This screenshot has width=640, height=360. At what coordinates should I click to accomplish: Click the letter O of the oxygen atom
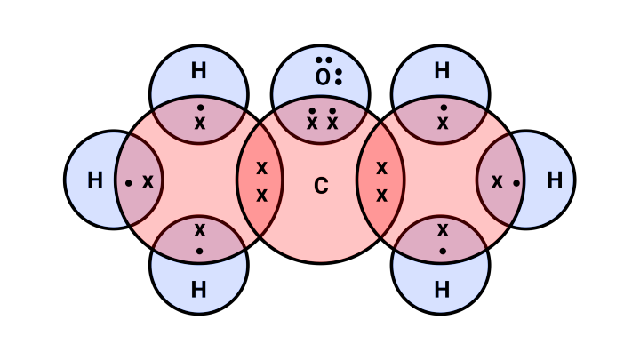[322, 78]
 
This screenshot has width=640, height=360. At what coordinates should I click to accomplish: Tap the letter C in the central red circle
[321, 186]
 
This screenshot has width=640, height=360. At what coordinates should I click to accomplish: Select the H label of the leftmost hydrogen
[95, 180]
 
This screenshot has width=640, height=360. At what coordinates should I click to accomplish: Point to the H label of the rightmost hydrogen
[555, 180]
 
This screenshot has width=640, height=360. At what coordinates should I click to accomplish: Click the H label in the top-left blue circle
[199, 71]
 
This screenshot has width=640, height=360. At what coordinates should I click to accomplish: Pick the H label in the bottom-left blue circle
[199, 290]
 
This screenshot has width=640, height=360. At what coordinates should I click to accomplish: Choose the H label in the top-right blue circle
[442, 71]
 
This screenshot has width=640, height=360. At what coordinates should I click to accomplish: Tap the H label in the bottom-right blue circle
[442, 290]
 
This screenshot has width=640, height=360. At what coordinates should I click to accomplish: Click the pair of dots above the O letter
[324, 60]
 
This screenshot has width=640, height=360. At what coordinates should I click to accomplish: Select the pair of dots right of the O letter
[339, 76]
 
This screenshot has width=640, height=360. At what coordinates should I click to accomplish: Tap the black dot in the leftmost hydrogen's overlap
[129, 183]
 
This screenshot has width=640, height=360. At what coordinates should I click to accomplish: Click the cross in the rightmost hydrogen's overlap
[497, 181]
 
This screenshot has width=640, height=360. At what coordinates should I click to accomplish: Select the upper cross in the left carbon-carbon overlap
[261, 167]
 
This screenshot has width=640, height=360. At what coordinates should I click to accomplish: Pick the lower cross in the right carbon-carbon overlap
[381, 196]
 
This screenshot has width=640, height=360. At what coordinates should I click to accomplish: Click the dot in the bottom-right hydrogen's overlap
[443, 251]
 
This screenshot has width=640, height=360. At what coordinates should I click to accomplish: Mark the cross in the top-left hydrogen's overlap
[200, 124]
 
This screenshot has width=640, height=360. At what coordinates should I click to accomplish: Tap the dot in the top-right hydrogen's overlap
[444, 108]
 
